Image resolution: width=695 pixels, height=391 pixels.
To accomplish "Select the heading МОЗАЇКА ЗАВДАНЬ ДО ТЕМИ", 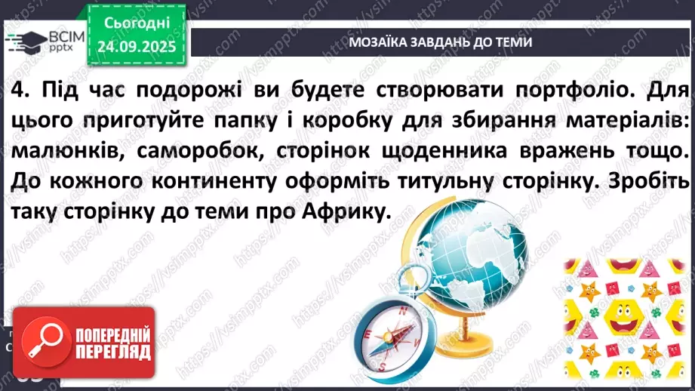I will (x=441, y=42).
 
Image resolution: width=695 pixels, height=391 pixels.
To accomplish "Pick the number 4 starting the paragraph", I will (x=20, y=90).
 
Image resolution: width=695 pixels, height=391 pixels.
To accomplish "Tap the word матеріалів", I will (x=623, y=121).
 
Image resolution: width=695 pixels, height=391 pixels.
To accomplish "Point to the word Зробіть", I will (x=650, y=183).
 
